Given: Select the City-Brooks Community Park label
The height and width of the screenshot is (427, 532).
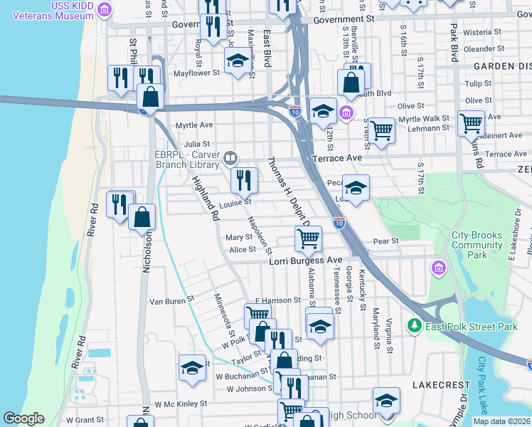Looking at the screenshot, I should point(477,245).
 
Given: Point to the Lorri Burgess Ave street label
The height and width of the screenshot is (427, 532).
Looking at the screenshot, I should point(306,260).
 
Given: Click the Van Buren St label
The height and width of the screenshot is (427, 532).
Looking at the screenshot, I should point(171,301).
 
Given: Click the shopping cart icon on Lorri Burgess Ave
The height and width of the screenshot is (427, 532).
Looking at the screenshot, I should point(308,239).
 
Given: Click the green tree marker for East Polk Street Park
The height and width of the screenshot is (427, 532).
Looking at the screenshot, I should point(415,326).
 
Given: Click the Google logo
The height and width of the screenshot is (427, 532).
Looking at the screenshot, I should point(23,419).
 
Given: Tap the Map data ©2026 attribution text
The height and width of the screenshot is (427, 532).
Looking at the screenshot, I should point(501,421).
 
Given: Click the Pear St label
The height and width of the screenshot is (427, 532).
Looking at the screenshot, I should point(385,242).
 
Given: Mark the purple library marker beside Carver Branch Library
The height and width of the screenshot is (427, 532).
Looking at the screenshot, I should point(230,158).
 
